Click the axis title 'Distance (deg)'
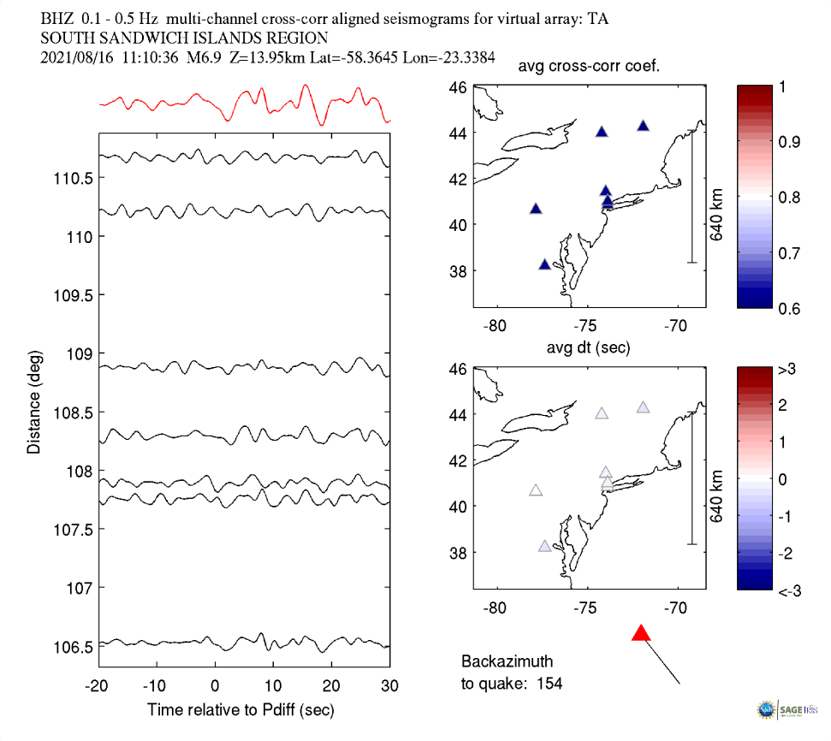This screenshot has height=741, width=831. click(33, 400)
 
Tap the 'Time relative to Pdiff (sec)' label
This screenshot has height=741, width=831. click(240, 709)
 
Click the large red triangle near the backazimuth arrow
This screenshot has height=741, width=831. click(641, 632)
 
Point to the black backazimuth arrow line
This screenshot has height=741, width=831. click(661, 663)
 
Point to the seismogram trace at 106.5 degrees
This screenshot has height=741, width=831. click(244, 643)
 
